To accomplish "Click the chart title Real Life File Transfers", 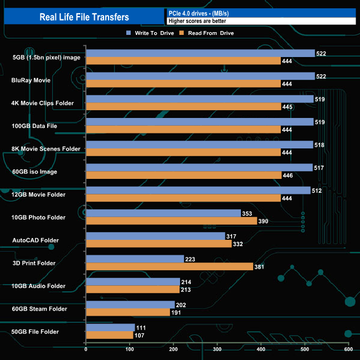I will click(84, 17).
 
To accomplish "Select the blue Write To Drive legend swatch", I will click(128, 33).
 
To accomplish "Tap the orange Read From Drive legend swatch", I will click(181, 33).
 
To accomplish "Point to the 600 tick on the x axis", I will click(348, 349).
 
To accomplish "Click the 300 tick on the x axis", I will click(217, 349).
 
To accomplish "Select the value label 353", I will click(248, 213).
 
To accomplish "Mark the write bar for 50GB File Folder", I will click(110, 327).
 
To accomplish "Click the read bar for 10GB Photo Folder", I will click(171, 221).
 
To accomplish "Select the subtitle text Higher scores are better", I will click(197, 21).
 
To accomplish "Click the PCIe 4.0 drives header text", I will click(197, 13).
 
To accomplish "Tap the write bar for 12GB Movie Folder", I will click(198, 191).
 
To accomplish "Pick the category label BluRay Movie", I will click(31, 80).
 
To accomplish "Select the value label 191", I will click(177, 313).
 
